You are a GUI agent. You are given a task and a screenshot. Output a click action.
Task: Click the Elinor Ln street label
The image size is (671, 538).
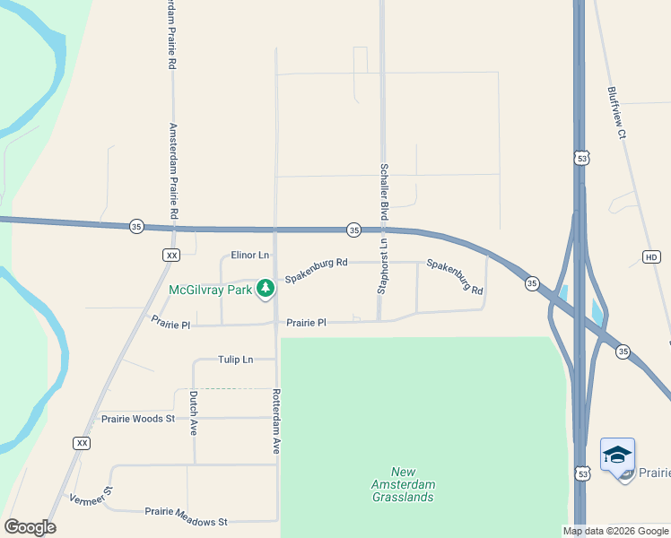click(x=249, y=256)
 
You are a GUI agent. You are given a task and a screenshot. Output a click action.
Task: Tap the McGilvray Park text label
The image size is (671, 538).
click(x=211, y=289)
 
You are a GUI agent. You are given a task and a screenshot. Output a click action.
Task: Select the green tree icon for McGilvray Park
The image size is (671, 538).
click(x=266, y=288)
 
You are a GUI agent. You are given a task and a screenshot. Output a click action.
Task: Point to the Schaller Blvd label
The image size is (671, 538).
click(x=384, y=192)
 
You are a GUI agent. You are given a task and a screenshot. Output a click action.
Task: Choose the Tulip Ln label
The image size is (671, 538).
click(x=235, y=360)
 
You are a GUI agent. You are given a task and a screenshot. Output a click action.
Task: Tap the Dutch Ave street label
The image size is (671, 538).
click(x=193, y=412)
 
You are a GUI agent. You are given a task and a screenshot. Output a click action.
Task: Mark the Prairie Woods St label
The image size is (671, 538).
click(x=137, y=419)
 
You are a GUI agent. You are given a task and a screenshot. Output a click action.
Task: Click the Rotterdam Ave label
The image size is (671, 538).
click(x=276, y=421)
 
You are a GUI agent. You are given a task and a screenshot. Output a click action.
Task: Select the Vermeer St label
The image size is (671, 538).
click(x=91, y=494)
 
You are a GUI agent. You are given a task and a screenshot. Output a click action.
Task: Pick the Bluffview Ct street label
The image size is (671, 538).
click(x=615, y=113)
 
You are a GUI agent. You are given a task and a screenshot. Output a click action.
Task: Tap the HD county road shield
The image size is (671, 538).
click(x=651, y=257)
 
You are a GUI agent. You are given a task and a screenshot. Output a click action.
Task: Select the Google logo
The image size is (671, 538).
click(x=30, y=527)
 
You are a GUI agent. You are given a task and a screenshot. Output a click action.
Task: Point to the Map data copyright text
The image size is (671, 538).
click(x=616, y=531)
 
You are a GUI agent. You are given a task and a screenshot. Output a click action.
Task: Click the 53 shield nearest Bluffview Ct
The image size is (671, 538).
click(x=582, y=158)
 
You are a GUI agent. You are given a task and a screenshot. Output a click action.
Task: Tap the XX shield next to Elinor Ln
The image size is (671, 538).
click(x=170, y=256)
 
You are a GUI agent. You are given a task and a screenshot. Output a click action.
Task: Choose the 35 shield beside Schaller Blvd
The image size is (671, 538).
click(x=354, y=230)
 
